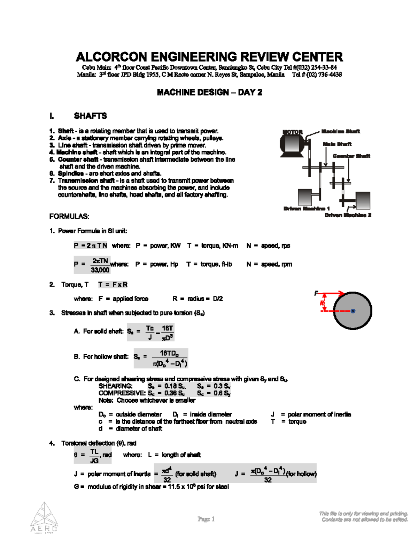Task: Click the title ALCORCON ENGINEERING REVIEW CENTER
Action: [209, 57]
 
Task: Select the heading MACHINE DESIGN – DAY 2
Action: [209, 92]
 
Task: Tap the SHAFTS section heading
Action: [90, 116]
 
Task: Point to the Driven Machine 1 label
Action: [307, 209]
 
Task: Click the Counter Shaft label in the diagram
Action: [351, 156]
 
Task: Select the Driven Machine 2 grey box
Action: [362, 200]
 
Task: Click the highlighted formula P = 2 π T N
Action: [91, 246]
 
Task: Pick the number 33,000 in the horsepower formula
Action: [100, 270]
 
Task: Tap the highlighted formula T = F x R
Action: [113, 285]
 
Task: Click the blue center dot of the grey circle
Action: [353, 311]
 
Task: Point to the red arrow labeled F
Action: [331, 293]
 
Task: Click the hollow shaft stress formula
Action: [161, 358]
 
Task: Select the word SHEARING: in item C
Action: [115, 386]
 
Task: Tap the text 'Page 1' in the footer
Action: [206, 519]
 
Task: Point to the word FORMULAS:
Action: [69, 216]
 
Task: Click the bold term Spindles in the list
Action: [71, 173]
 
